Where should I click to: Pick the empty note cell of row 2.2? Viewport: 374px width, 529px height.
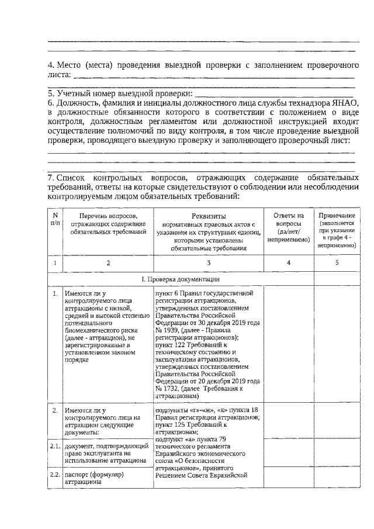click(337, 479)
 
